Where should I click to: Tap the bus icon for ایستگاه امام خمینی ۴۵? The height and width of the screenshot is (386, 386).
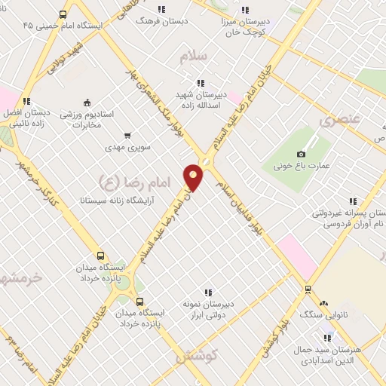pos(62,14)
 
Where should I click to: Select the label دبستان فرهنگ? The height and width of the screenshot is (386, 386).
pos(154,20)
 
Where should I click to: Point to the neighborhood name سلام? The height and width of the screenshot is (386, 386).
pos(194,57)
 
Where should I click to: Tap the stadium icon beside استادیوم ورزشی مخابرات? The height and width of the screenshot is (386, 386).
pos(87,103)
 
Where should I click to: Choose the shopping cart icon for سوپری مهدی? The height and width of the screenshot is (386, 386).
pos(127,136)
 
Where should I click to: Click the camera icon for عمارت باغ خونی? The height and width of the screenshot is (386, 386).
pos(302,154)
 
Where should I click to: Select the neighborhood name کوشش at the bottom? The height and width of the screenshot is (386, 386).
pos(198,354)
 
